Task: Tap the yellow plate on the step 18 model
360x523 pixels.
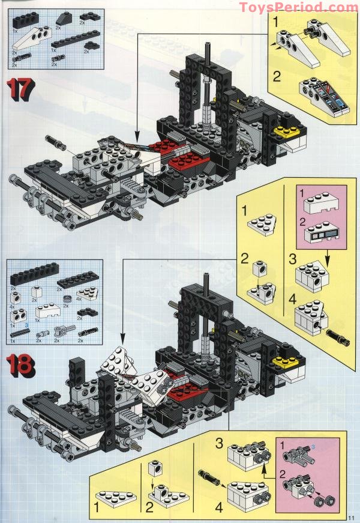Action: (281, 361)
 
